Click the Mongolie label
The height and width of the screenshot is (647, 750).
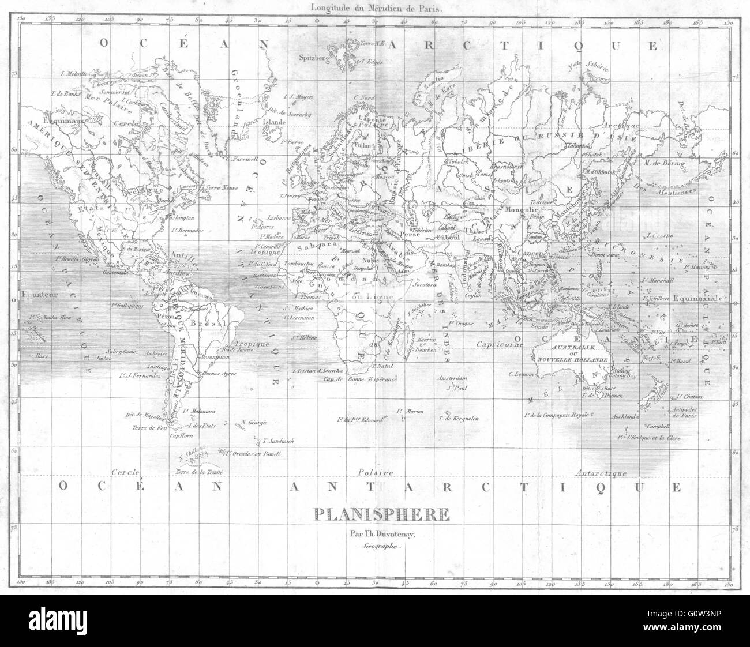pos(520,210)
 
